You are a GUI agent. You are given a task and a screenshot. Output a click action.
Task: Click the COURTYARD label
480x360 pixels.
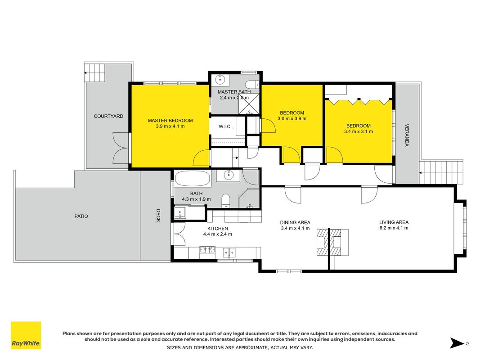[108, 117]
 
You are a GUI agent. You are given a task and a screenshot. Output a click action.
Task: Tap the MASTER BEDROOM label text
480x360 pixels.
[170, 121]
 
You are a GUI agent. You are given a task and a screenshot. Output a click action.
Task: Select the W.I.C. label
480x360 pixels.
[225, 126]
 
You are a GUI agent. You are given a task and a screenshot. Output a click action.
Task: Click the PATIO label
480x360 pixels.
[81, 216]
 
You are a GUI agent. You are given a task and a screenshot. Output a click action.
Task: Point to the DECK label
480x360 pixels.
[158, 215]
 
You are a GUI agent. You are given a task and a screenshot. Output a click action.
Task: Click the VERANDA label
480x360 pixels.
[407, 135]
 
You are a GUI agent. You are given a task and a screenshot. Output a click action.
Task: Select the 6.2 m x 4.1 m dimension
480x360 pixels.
[394, 228]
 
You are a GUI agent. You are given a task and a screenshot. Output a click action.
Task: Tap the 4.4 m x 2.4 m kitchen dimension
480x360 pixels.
[218, 234]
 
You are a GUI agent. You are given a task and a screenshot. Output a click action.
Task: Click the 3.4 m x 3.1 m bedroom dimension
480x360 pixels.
[359, 132]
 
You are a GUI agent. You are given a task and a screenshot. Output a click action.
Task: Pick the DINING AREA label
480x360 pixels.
[295, 223]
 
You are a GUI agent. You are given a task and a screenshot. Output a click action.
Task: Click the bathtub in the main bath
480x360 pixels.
[193, 178]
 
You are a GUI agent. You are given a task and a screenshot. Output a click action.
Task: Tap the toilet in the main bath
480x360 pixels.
[226, 200]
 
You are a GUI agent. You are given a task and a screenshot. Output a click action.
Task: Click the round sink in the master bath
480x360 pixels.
[220, 79]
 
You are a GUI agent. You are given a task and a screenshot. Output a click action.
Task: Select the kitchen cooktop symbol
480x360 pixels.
[207, 249]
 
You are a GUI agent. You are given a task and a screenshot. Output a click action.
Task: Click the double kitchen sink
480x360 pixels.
[229, 253]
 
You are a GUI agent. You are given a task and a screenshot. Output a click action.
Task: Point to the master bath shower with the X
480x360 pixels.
[249, 104]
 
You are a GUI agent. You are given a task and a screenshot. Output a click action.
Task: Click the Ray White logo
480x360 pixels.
[26, 335]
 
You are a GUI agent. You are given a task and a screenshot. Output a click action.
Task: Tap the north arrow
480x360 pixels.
[457, 343]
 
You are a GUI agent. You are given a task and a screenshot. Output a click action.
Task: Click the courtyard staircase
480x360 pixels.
[94, 72]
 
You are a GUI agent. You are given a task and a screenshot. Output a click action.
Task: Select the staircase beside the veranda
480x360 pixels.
[441, 172]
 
